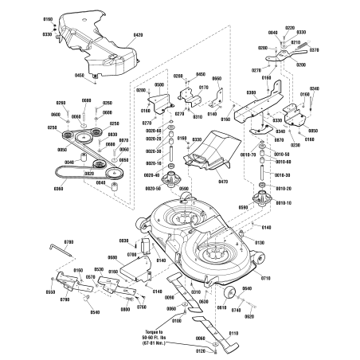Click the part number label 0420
pos(138,36)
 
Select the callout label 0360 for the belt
pos(57,189)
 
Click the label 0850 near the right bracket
pos(312,130)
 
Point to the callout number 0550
pos(51,292)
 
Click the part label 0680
pos(112,257)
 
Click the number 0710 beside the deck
pos(265,279)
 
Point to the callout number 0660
pos(216,79)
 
